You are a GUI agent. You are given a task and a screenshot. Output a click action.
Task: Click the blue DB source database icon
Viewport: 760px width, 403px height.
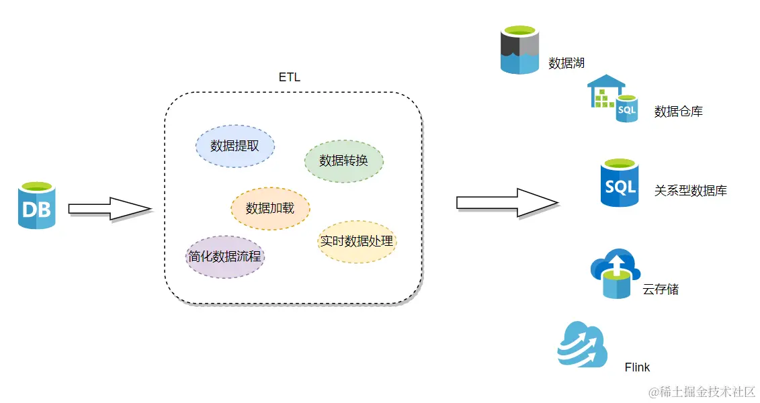[x=36, y=206]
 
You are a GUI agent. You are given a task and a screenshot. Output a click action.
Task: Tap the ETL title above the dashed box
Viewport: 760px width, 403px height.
[x=290, y=77]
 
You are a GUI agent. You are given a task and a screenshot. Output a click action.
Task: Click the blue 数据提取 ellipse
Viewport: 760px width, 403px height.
[x=235, y=145]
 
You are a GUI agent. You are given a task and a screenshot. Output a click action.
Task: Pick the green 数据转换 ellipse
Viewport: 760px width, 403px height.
[x=343, y=161]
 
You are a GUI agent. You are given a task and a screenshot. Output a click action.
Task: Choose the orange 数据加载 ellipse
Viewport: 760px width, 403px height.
[x=270, y=208]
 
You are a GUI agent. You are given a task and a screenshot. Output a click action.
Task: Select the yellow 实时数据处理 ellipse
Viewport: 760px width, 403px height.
[x=357, y=240]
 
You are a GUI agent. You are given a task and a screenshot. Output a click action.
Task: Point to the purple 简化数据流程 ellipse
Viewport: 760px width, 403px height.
[x=224, y=256]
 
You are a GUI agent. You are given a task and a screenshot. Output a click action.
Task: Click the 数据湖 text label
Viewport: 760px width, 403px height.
[x=566, y=63]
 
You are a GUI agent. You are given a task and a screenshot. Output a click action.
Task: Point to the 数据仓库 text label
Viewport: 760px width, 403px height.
[x=679, y=111]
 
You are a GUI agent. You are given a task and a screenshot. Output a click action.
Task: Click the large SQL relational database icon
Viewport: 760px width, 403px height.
[x=619, y=183]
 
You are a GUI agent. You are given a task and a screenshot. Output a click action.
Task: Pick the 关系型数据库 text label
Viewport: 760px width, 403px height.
[x=691, y=191]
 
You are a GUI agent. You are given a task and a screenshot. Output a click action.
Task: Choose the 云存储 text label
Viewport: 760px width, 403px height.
[x=661, y=289]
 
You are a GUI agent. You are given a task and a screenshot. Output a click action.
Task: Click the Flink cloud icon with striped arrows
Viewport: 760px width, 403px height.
[x=582, y=345]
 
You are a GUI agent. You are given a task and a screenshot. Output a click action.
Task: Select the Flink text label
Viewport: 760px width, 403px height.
[x=637, y=367]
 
